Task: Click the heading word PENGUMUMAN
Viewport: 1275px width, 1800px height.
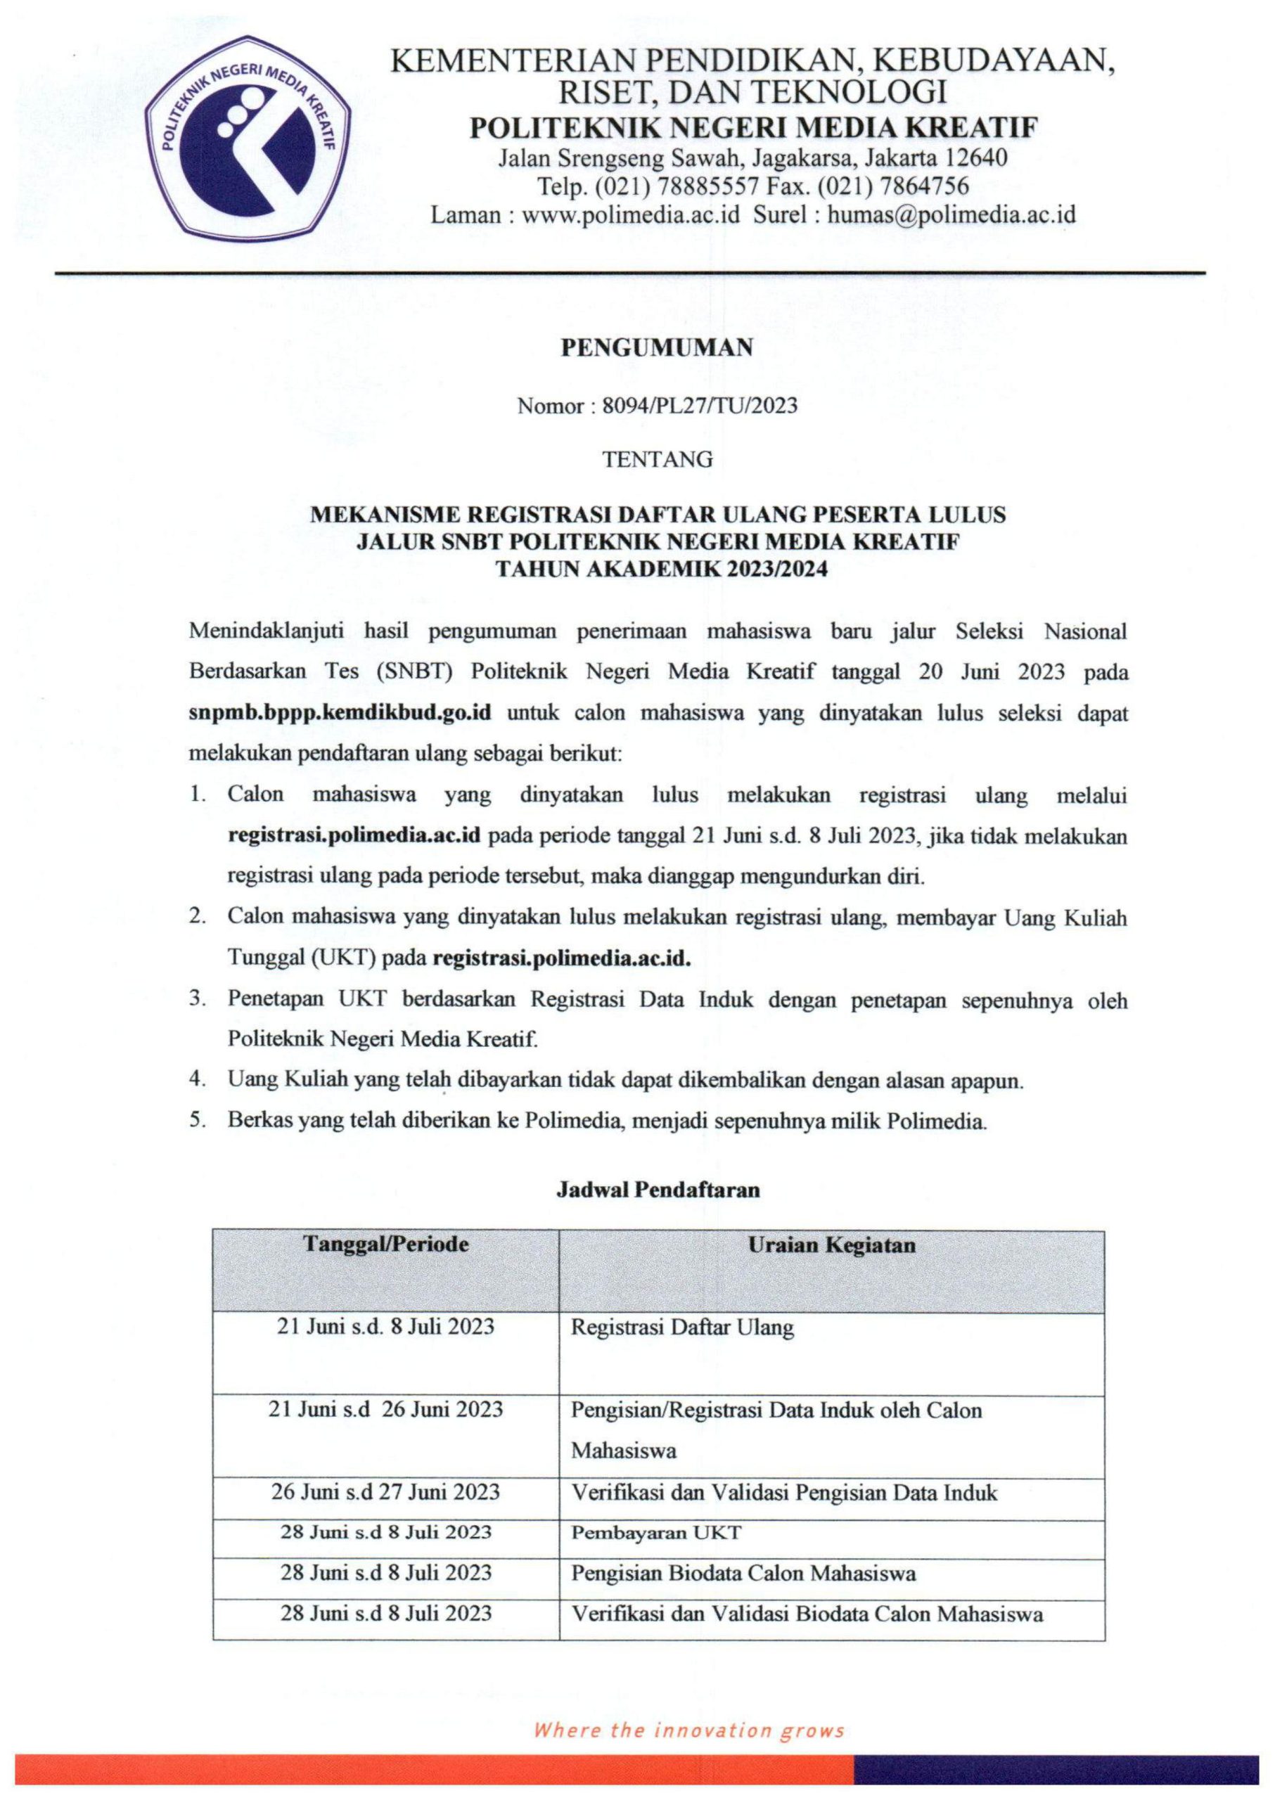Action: click(x=656, y=348)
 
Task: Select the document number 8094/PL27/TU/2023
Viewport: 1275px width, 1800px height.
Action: click(x=700, y=406)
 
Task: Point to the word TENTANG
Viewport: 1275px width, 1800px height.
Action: click(x=657, y=460)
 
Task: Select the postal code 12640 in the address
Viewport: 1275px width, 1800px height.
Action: click(x=977, y=157)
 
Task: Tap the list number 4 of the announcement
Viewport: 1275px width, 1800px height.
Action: click(x=196, y=1080)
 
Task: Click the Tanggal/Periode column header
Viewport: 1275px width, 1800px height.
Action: click(x=385, y=1245)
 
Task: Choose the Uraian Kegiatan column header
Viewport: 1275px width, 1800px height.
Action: click(x=831, y=1245)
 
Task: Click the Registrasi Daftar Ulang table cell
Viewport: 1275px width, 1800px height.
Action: click(x=682, y=1327)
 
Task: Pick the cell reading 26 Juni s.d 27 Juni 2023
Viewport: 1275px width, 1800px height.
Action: click(x=385, y=1491)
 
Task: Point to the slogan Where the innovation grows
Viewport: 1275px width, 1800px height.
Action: click(x=688, y=1730)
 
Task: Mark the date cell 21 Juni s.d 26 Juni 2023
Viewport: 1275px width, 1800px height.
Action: click(x=385, y=1409)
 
